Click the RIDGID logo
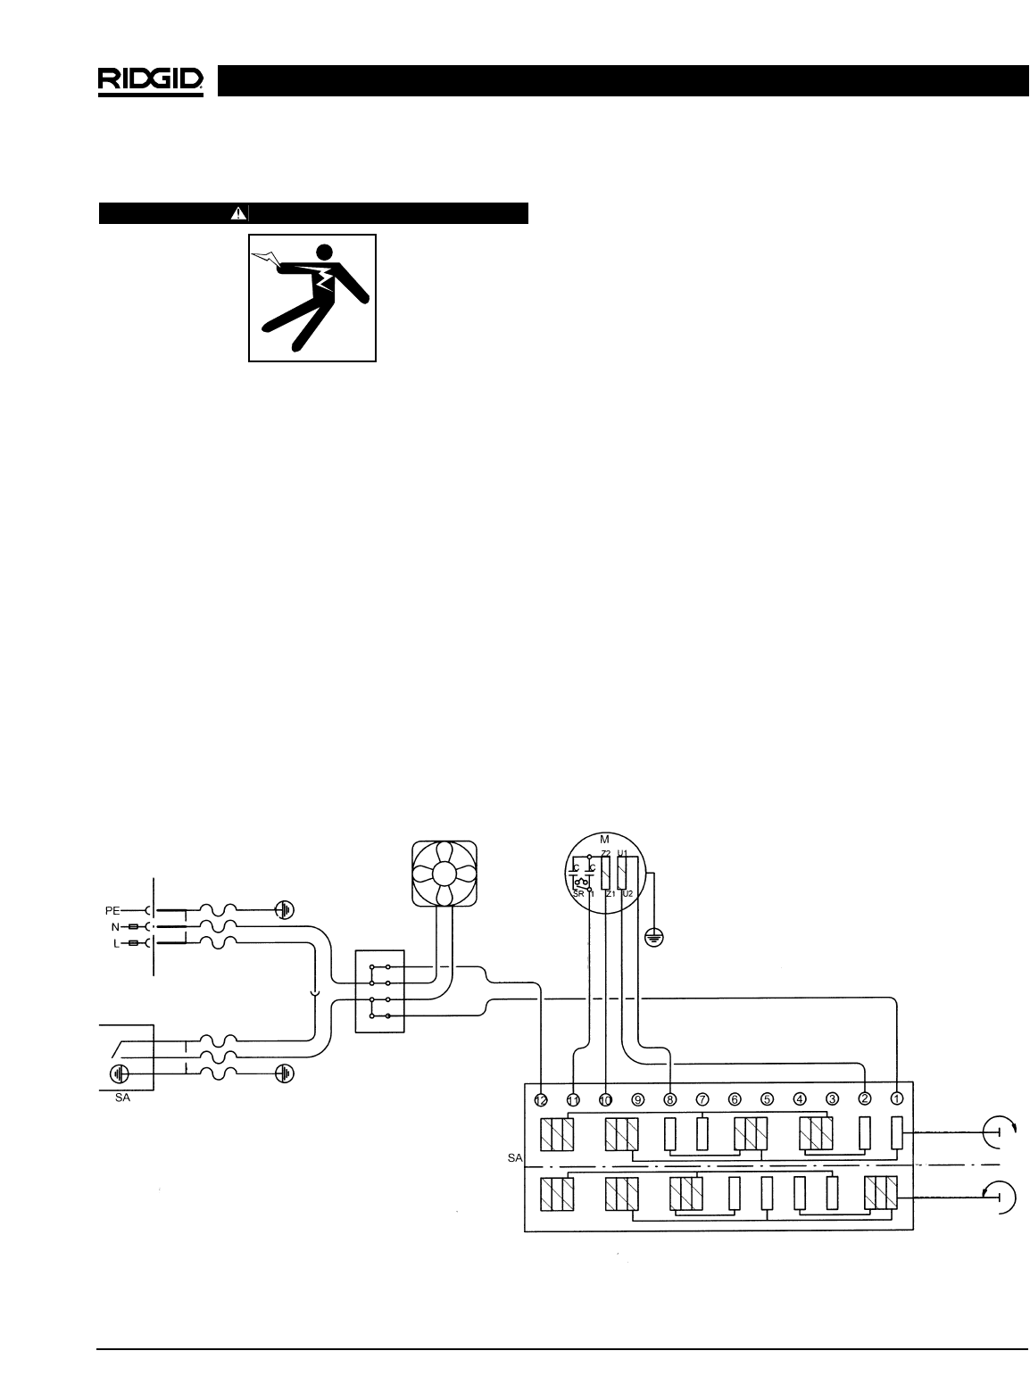(151, 81)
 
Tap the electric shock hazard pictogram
(312, 298)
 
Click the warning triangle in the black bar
(237, 213)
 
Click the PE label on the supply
(112, 911)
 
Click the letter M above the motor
(604, 840)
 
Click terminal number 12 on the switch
(541, 1099)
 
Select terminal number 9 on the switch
(638, 1099)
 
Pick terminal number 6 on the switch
(735, 1099)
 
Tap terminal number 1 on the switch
(896, 1099)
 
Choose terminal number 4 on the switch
(800, 1099)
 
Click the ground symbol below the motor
(653, 938)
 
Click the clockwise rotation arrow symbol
(999, 1132)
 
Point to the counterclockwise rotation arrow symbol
(999, 1195)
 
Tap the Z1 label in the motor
(611, 893)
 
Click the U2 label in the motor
(627, 893)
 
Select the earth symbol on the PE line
(284, 911)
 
